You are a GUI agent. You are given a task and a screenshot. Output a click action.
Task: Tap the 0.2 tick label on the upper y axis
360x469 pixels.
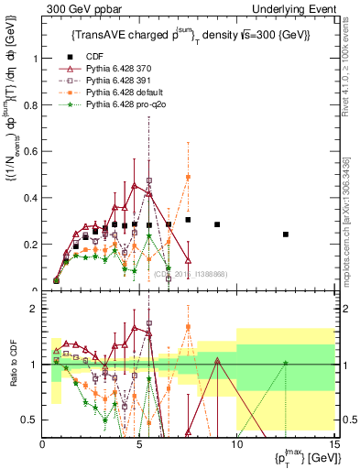[x=30, y=245]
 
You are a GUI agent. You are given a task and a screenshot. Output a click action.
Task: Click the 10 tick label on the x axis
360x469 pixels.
[x=236, y=444]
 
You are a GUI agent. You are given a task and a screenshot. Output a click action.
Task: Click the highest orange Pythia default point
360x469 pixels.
[x=188, y=177]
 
